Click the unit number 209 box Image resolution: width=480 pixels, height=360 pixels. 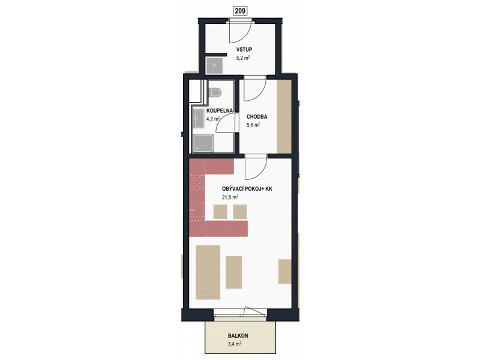pyautogui.click(x=241, y=11)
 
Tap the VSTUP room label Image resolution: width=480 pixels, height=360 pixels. pyautogui.click(x=244, y=50)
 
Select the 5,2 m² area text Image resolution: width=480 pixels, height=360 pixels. pyautogui.click(x=243, y=58)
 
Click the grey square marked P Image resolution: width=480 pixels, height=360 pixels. pyautogui.click(x=214, y=65)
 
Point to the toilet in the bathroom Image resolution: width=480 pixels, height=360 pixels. pyautogui.click(x=215, y=92)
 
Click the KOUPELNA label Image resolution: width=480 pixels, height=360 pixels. pyautogui.click(x=220, y=110)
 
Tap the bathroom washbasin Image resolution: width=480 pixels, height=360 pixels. pyautogui.click(x=199, y=118)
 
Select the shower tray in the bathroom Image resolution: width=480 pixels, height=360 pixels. pyautogui.click(x=203, y=143)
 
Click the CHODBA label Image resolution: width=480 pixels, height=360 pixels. pyautogui.click(x=257, y=116)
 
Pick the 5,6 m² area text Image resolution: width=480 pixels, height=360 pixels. pyautogui.click(x=253, y=125)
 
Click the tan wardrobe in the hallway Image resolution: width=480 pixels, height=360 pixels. pyautogui.click(x=284, y=116)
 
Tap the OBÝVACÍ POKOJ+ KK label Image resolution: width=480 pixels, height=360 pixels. pyautogui.click(x=247, y=189)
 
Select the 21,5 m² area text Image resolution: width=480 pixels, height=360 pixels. pyautogui.click(x=230, y=197)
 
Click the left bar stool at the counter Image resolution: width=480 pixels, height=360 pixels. pyautogui.click(x=220, y=212)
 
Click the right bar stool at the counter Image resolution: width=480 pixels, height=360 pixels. pyautogui.click(x=240, y=212)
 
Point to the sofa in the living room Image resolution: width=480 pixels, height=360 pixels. pyautogui.click(x=208, y=272)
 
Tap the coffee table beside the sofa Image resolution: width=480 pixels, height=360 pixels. pyautogui.click(x=234, y=272)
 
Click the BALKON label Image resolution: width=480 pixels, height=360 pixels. pyautogui.click(x=238, y=336)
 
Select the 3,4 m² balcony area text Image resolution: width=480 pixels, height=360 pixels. pyautogui.click(x=235, y=344)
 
